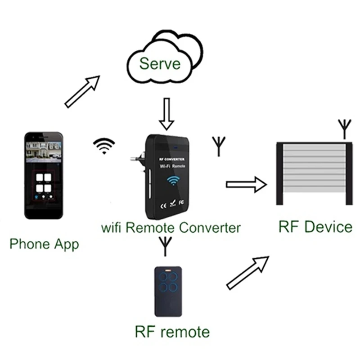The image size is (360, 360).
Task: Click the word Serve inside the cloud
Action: pyautogui.click(x=160, y=63)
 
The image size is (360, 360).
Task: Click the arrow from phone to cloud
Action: pyautogui.click(x=82, y=91)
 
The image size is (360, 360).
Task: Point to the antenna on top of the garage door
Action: pyautogui.click(x=344, y=128)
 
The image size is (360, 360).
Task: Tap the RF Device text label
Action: pyautogui.click(x=315, y=226)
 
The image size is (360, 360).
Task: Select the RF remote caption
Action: pyautogui.click(x=172, y=332)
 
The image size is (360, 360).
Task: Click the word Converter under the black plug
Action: pyautogui.click(x=210, y=227)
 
